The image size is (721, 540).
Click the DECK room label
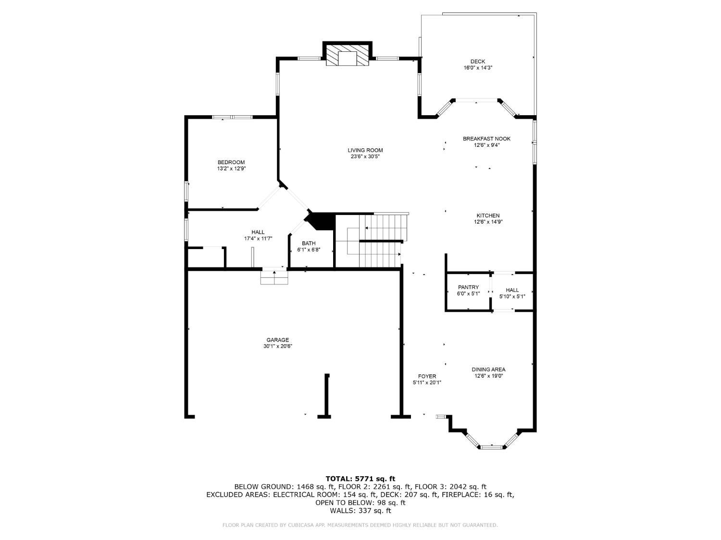point(478,61)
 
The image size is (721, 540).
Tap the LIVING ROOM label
point(365,151)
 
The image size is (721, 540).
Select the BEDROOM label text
point(231,162)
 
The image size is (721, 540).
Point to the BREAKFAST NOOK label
point(486,139)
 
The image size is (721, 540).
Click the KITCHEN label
point(488,216)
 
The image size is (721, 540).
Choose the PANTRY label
point(468,288)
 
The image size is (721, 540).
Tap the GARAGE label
point(277,340)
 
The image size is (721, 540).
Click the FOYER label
point(427,376)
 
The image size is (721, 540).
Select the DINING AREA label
point(488,370)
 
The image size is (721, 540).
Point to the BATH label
point(309,243)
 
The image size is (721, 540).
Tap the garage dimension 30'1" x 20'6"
point(277,346)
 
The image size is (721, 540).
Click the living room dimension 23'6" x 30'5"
point(365,157)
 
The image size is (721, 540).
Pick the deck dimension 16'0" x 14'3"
point(478,68)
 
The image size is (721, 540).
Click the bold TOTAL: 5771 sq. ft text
point(360,479)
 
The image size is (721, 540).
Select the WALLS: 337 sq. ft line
point(360,511)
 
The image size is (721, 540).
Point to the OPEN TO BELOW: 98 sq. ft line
point(360,503)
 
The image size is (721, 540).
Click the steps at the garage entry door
point(274,277)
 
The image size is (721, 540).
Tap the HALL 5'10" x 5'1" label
point(512,293)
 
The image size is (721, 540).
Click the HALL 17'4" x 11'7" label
point(258,235)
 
